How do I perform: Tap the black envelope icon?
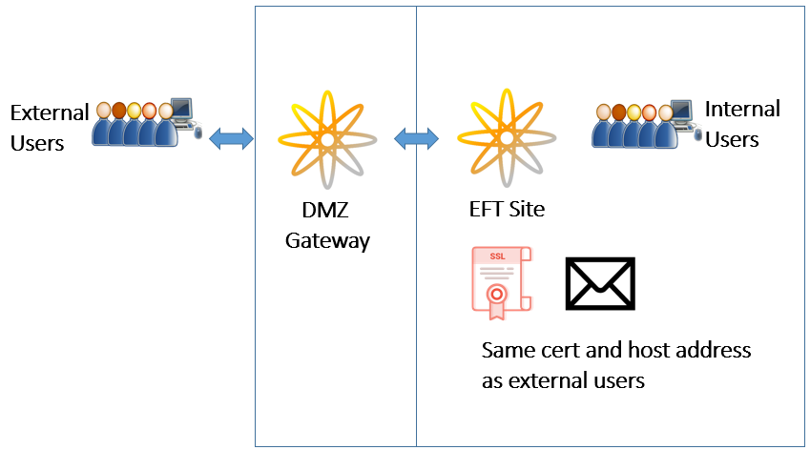(600, 283)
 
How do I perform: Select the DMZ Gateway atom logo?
(327, 139)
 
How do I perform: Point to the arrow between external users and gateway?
(231, 139)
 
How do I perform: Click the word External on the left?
(49, 113)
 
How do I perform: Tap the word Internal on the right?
(742, 109)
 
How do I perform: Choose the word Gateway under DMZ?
(327, 241)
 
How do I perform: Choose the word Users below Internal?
(732, 139)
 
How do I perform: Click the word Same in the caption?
(508, 350)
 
